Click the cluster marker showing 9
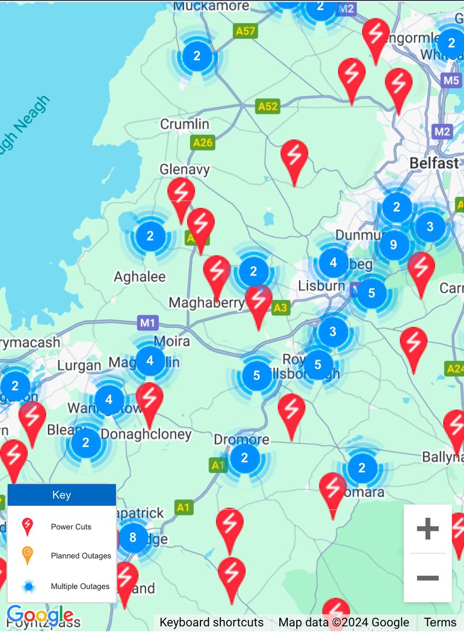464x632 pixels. [x=394, y=244]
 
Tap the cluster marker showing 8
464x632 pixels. [x=133, y=537]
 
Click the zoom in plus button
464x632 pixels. [x=427, y=528]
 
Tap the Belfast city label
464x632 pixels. [x=434, y=163]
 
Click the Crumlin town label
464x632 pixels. [x=185, y=124]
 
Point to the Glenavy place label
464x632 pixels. [x=185, y=170]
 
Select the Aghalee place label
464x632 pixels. [x=140, y=276]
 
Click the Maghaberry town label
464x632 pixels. [x=206, y=303]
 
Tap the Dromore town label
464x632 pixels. [x=241, y=439]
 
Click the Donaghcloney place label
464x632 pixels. [x=146, y=434]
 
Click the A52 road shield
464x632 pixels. [x=267, y=106]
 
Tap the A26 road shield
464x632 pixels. [x=203, y=142]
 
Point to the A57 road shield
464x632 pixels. [x=245, y=31]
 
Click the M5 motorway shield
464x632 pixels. [x=451, y=81]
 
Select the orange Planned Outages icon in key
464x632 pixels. [x=27, y=555]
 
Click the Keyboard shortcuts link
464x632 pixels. [x=211, y=623]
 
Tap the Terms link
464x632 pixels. [x=440, y=623]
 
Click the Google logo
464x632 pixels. [x=40, y=615]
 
